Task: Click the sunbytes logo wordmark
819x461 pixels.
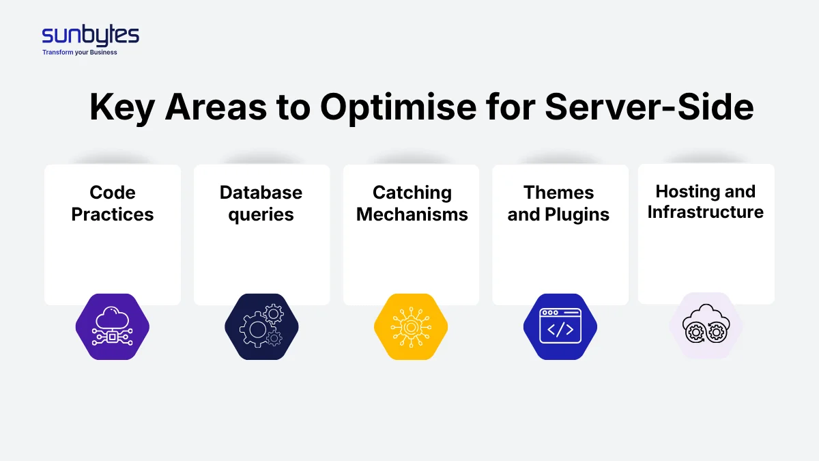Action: click(x=90, y=36)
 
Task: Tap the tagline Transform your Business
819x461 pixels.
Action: click(x=80, y=53)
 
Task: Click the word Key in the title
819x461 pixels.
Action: click(x=122, y=107)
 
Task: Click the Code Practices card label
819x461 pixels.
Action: click(x=113, y=204)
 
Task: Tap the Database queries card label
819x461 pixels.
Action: click(x=261, y=204)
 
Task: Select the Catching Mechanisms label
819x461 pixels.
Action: click(x=412, y=204)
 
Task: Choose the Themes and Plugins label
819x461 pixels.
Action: click(x=558, y=204)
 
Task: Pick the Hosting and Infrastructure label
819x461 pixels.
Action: click(x=705, y=201)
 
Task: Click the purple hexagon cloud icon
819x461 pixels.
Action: click(x=113, y=327)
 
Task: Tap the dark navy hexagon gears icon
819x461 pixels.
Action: click(x=261, y=327)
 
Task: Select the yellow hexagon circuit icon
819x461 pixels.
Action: click(x=411, y=327)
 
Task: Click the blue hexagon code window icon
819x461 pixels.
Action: click(x=560, y=327)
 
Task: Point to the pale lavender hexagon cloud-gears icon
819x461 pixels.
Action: click(x=706, y=326)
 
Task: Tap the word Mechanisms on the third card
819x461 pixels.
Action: click(x=412, y=214)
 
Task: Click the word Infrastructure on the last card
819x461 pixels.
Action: click(x=705, y=212)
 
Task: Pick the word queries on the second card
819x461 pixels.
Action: click(x=261, y=214)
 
